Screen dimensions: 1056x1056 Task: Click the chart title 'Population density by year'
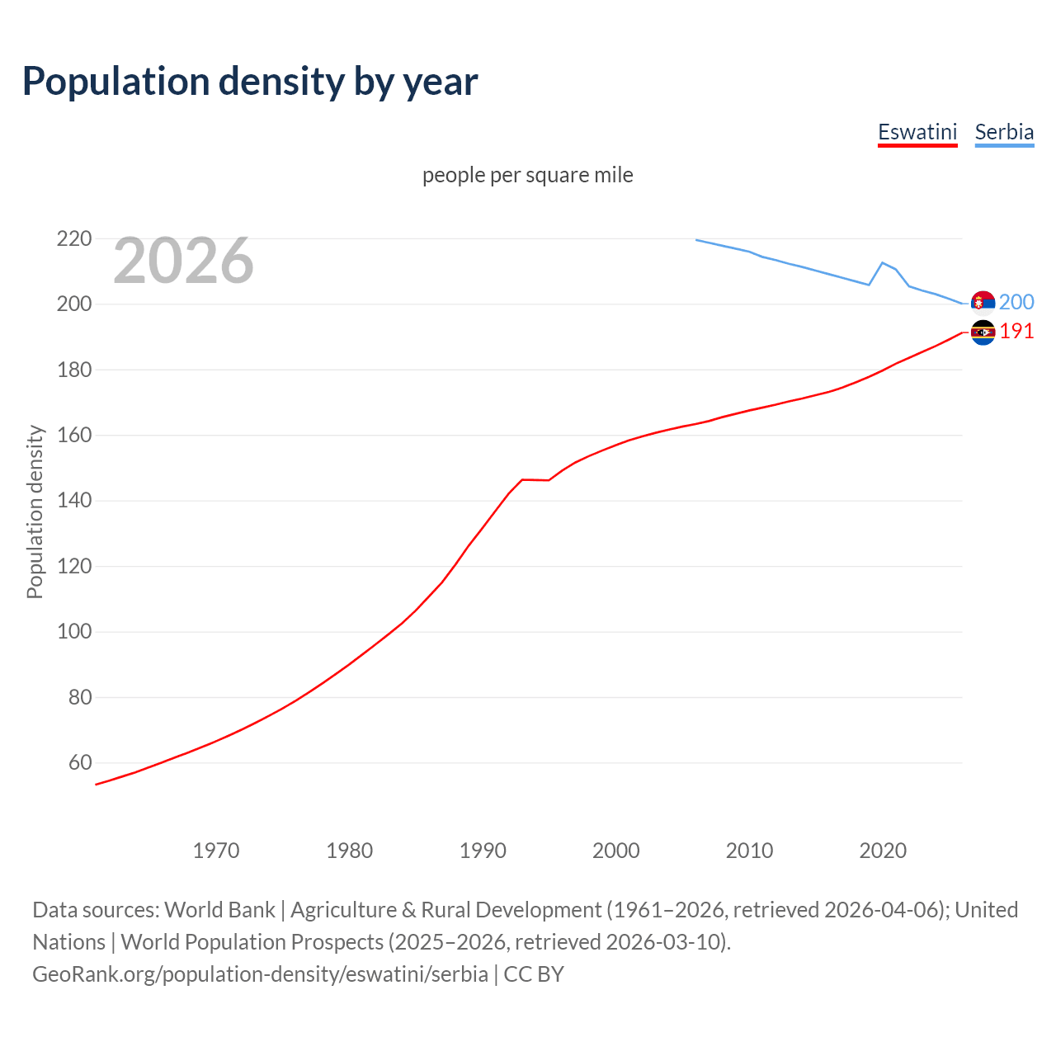pyautogui.click(x=250, y=82)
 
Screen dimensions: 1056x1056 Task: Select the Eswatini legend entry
pyautogui.click(x=917, y=132)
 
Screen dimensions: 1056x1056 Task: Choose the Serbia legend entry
pyautogui.click(x=1004, y=132)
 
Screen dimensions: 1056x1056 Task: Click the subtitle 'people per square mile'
pyautogui.click(x=527, y=175)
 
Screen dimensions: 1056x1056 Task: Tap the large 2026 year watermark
pyautogui.click(x=183, y=261)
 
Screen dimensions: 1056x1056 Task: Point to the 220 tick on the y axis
pyautogui.click(x=73, y=239)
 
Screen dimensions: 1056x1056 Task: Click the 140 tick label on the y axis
pyautogui.click(x=73, y=501)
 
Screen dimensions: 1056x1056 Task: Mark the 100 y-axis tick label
pyautogui.click(x=73, y=632)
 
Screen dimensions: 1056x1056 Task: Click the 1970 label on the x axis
pyautogui.click(x=216, y=851)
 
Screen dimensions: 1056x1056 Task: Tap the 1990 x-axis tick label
pyautogui.click(x=483, y=851)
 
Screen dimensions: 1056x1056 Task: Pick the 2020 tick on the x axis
pyautogui.click(x=883, y=851)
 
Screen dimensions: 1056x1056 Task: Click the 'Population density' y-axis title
pyautogui.click(x=35, y=511)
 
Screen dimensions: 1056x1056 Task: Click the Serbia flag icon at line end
pyautogui.click(x=983, y=303)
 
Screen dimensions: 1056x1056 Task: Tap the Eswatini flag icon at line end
pyautogui.click(x=983, y=332)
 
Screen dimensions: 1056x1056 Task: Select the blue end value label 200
pyautogui.click(x=1016, y=303)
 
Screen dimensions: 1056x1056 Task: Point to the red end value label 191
pyautogui.click(x=1016, y=332)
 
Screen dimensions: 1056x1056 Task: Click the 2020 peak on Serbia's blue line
pyautogui.click(x=883, y=262)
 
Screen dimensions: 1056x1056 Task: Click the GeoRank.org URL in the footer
pyautogui.click(x=260, y=974)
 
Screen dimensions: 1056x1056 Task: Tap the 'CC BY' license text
pyautogui.click(x=534, y=974)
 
